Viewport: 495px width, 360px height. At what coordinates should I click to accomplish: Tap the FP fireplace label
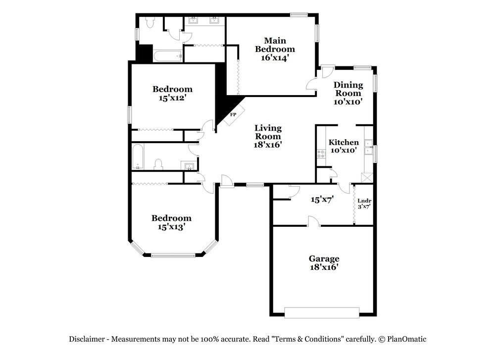(x=233, y=114)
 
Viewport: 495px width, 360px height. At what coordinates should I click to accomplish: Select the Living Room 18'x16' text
(x=268, y=136)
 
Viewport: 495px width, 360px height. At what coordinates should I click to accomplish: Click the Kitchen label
(x=344, y=146)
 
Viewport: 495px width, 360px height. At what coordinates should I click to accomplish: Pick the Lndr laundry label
(x=364, y=203)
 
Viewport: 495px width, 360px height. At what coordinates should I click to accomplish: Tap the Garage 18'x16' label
(x=324, y=262)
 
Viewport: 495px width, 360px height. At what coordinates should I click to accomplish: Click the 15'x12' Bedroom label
(x=172, y=94)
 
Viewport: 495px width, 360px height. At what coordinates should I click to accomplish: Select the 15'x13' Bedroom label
(x=171, y=222)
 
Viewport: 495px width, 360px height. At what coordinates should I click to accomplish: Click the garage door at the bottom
(x=322, y=312)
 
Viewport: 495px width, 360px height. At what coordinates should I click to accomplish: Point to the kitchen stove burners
(x=320, y=154)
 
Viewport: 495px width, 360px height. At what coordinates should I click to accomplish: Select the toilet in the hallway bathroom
(x=159, y=164)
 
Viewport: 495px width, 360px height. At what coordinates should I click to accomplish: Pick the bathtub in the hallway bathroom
(x=138, y=157)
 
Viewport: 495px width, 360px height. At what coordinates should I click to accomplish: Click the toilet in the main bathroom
(x=150, y=22)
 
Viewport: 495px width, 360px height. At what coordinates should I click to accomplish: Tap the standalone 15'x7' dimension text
(x=322, y=200)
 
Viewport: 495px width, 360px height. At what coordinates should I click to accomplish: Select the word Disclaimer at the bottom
(x=87, y=339)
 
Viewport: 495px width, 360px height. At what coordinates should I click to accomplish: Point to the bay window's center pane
(x=173, y=256)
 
